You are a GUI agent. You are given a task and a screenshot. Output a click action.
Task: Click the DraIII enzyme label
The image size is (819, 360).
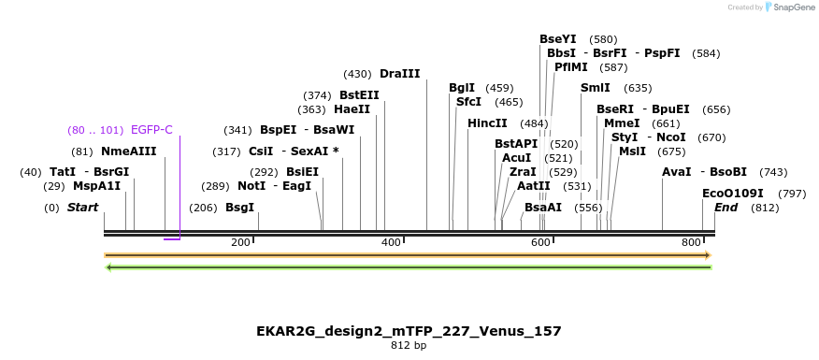click(399, 74)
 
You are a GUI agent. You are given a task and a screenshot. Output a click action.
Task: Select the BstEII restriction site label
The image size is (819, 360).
click(359, 95)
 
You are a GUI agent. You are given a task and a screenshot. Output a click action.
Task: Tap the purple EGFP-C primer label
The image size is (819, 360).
click(151, 130)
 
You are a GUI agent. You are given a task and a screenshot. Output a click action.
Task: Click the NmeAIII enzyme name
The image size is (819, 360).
click(128, 151)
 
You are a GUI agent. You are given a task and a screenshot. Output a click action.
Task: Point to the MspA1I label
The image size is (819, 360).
click(96, 186)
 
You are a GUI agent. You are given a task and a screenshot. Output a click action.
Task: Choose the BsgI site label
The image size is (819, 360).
click(239, 208)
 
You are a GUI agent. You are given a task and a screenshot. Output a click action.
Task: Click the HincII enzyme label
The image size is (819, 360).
click(487, 123)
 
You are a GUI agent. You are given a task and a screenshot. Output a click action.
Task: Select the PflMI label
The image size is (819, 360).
click(570, 67)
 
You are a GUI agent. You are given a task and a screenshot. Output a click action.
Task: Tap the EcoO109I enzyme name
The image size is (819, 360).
click(733, 194)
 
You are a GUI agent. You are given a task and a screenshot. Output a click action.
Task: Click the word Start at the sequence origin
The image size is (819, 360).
click(82, 208)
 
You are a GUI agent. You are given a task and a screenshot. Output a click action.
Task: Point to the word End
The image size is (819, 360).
click(726, 208)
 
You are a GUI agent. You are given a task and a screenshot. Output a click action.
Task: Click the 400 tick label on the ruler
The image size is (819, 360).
click(391, 243)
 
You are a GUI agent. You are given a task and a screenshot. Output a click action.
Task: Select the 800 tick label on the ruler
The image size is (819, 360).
click(691, 243)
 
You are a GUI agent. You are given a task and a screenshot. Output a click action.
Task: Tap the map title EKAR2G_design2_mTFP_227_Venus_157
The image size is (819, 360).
click(409, 331)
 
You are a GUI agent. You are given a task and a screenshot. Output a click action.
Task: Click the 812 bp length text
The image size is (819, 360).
click(409, 346)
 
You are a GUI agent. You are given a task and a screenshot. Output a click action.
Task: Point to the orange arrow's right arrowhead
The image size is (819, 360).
click(708, 255)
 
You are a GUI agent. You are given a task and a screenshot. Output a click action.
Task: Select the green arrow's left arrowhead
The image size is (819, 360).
click(109, 267)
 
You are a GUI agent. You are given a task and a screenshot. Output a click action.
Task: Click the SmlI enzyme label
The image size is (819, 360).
click(595, 88)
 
